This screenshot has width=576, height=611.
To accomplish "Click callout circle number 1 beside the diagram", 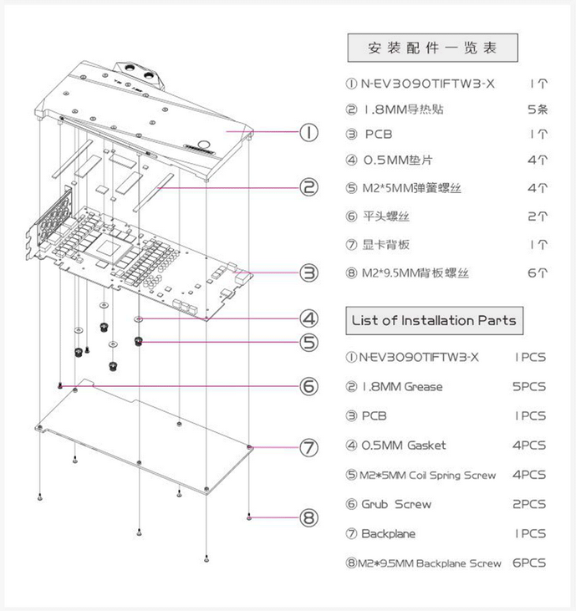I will tap(309, 132).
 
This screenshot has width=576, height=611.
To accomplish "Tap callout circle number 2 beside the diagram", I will tap(309, 187).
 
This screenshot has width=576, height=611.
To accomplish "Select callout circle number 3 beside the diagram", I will tap(309, 272).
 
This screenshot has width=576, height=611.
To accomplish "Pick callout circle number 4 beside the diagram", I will tap(309, 318).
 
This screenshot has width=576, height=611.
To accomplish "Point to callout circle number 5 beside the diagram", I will tap(309, 342).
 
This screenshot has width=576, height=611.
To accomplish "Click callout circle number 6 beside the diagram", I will tap(309, 385).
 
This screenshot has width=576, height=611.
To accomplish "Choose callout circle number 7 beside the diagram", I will tap(309, 447).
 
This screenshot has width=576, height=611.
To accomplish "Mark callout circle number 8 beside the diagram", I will tap(309, 517).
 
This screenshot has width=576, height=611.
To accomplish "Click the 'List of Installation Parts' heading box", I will tap(432, 320).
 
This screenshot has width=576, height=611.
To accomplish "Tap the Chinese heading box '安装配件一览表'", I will tap(432, 47).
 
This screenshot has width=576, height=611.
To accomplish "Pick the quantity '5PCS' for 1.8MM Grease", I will tap(530, 386).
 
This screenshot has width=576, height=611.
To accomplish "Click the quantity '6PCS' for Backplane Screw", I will tap(530, 563).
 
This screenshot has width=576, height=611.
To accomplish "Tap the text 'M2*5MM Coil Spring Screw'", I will tap(428, 475).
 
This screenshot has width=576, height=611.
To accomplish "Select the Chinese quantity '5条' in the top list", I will tap(538, 109).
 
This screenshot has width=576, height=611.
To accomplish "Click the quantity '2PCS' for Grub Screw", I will tap(530, 504).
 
